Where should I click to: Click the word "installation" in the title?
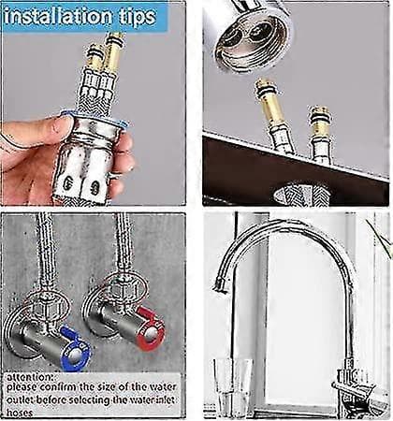(x=58, y=17)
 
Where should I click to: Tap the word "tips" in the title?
(x=137, y=17)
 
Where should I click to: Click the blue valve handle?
(x=75, y=349)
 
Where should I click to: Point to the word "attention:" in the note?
(x=30, y=377)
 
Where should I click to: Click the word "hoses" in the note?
(x=20, y=413)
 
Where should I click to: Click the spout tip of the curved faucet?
(x=219, y=284)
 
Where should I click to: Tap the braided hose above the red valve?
(x=124, y=245)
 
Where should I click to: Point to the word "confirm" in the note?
(x=59, y=387)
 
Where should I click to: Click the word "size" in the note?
(x=107, y=387)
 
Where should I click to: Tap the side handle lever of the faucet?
(x=358, y=391)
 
